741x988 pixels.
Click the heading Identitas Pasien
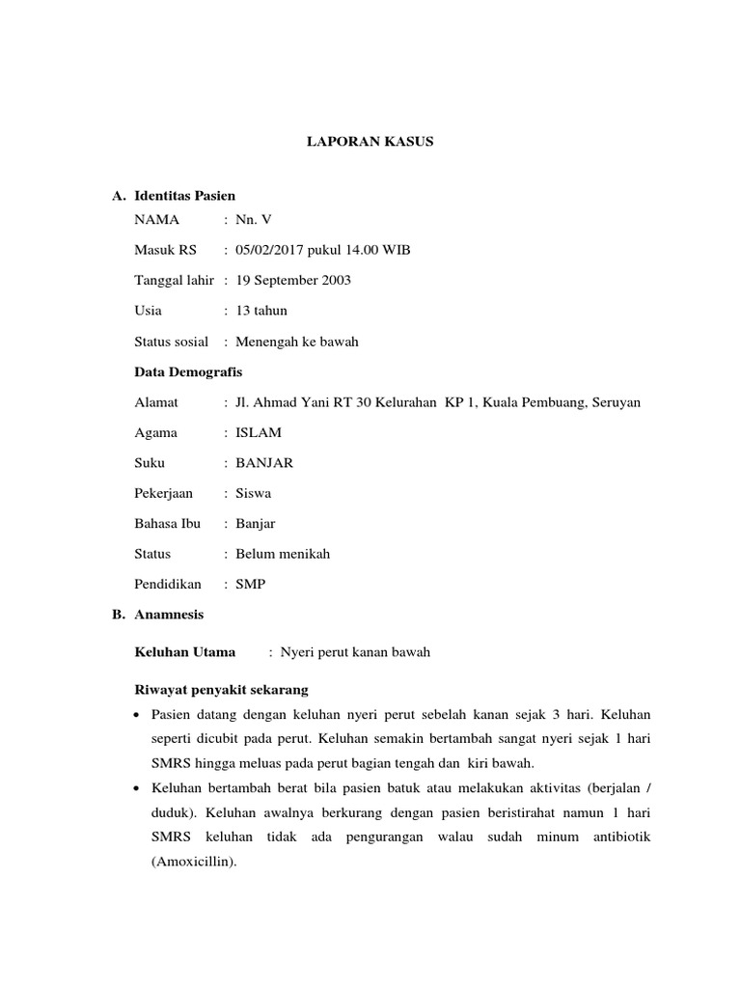coord(185,196)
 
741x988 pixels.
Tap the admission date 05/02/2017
coord(264,250)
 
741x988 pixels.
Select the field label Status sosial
coord(172,342)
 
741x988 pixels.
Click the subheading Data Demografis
coord(188,371)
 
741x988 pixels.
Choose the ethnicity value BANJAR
coord(258,462)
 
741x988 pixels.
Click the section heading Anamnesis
coord(169,614)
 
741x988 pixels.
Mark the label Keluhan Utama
coord(184,652)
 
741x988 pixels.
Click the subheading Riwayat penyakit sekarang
coord(220,691)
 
